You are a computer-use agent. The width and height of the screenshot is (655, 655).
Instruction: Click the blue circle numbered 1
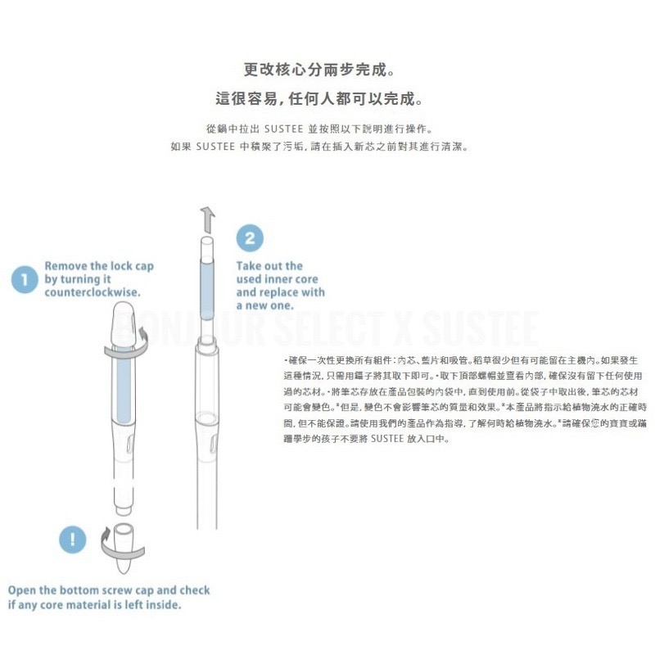coord(25,280)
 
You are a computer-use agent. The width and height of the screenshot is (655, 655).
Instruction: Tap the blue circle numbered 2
coord(250,239)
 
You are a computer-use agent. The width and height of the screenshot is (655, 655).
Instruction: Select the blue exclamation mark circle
coord(73,539)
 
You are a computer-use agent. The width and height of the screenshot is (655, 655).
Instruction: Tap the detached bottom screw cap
coord(124,544)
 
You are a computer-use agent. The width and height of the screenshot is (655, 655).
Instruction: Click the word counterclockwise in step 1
coord(91,292)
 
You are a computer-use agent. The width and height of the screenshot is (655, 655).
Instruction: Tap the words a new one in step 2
coord(267,305)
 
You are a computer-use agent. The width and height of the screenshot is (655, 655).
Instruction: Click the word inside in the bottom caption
coord(162,605)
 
